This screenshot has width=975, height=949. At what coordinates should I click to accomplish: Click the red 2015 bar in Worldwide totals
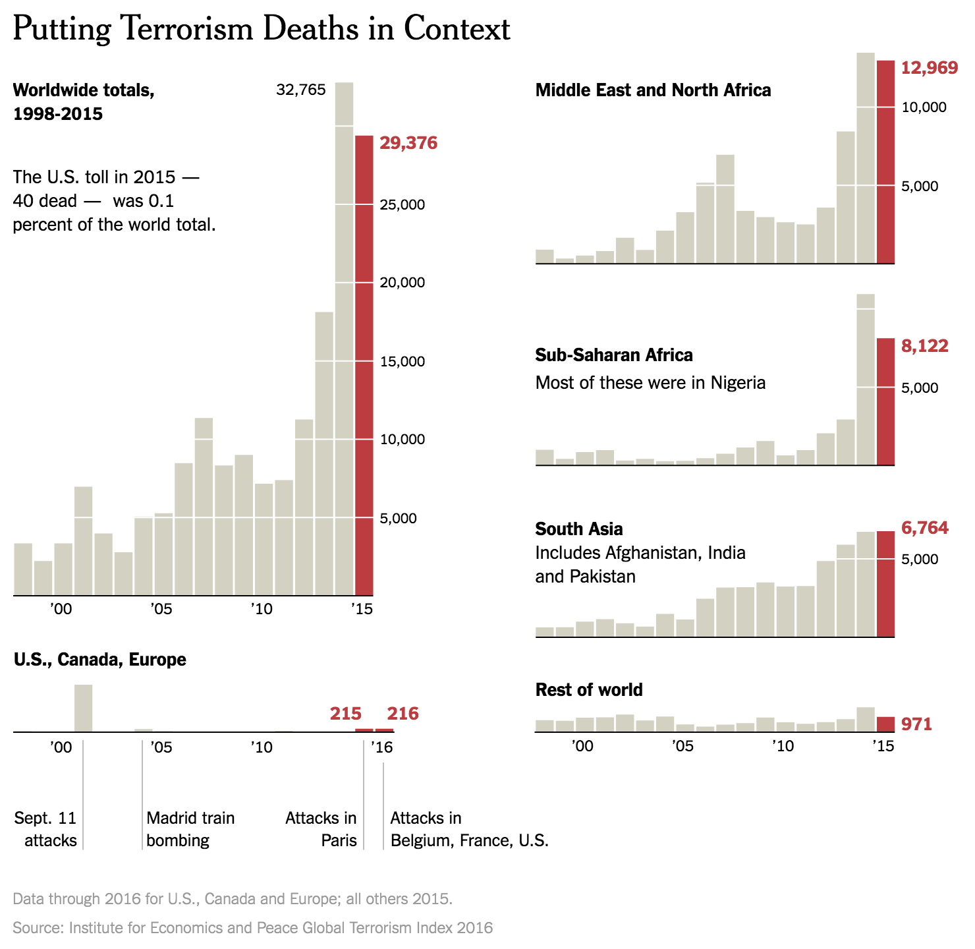[x=364, y=366]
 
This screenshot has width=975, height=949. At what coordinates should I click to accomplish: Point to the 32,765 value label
[x=300, y=90]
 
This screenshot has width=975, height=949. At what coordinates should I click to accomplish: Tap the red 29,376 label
[x=408, y=143]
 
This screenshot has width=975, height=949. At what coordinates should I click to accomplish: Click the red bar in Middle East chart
[x=885, y=162]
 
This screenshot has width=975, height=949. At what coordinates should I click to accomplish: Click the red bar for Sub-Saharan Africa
[x=885, y=401]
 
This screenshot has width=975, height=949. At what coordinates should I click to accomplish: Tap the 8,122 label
[x=925, y=346]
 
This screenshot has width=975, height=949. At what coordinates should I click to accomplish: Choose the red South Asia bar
[x=885, y=584]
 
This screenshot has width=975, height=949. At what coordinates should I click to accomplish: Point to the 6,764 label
[x=925, y=528]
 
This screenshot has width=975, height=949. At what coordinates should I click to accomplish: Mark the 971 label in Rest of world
[x=916, y=724]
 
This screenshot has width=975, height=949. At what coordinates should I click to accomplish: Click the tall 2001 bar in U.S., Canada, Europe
[x=83, y=708]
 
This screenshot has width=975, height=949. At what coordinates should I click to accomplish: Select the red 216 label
[x=403, y=714]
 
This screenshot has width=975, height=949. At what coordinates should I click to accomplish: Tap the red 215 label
[x=346, y=714]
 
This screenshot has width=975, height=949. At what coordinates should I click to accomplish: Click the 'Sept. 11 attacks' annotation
[x=46, y=829]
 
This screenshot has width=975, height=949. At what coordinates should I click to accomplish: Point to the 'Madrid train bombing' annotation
[x=190, y=829]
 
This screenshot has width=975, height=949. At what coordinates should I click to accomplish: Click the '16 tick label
[x=381, y=748]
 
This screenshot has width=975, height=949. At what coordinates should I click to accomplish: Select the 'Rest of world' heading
[x=589, y=690]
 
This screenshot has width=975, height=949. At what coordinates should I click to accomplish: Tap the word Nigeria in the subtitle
[x=738, y=383]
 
